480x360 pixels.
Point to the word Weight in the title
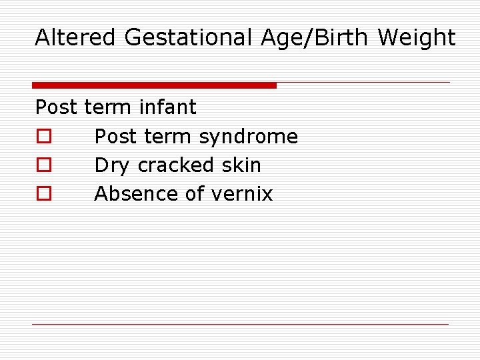pyautogui.click(x=417, y=39)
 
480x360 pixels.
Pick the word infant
pyautogui.click(x=168, y=107)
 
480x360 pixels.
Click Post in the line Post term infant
pyautogui.click(x=57, y=107)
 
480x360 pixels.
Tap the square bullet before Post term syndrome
pyautogui.click(x=43, y=137)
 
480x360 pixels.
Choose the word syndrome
pyautogui.click(x=249, y=137)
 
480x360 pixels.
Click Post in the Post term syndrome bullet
pyautogui.click(x=116, y=136)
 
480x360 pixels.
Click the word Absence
pyautogui.click(x=135, y=193)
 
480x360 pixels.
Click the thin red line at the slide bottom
pyautogui.click(x=240, y=325)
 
